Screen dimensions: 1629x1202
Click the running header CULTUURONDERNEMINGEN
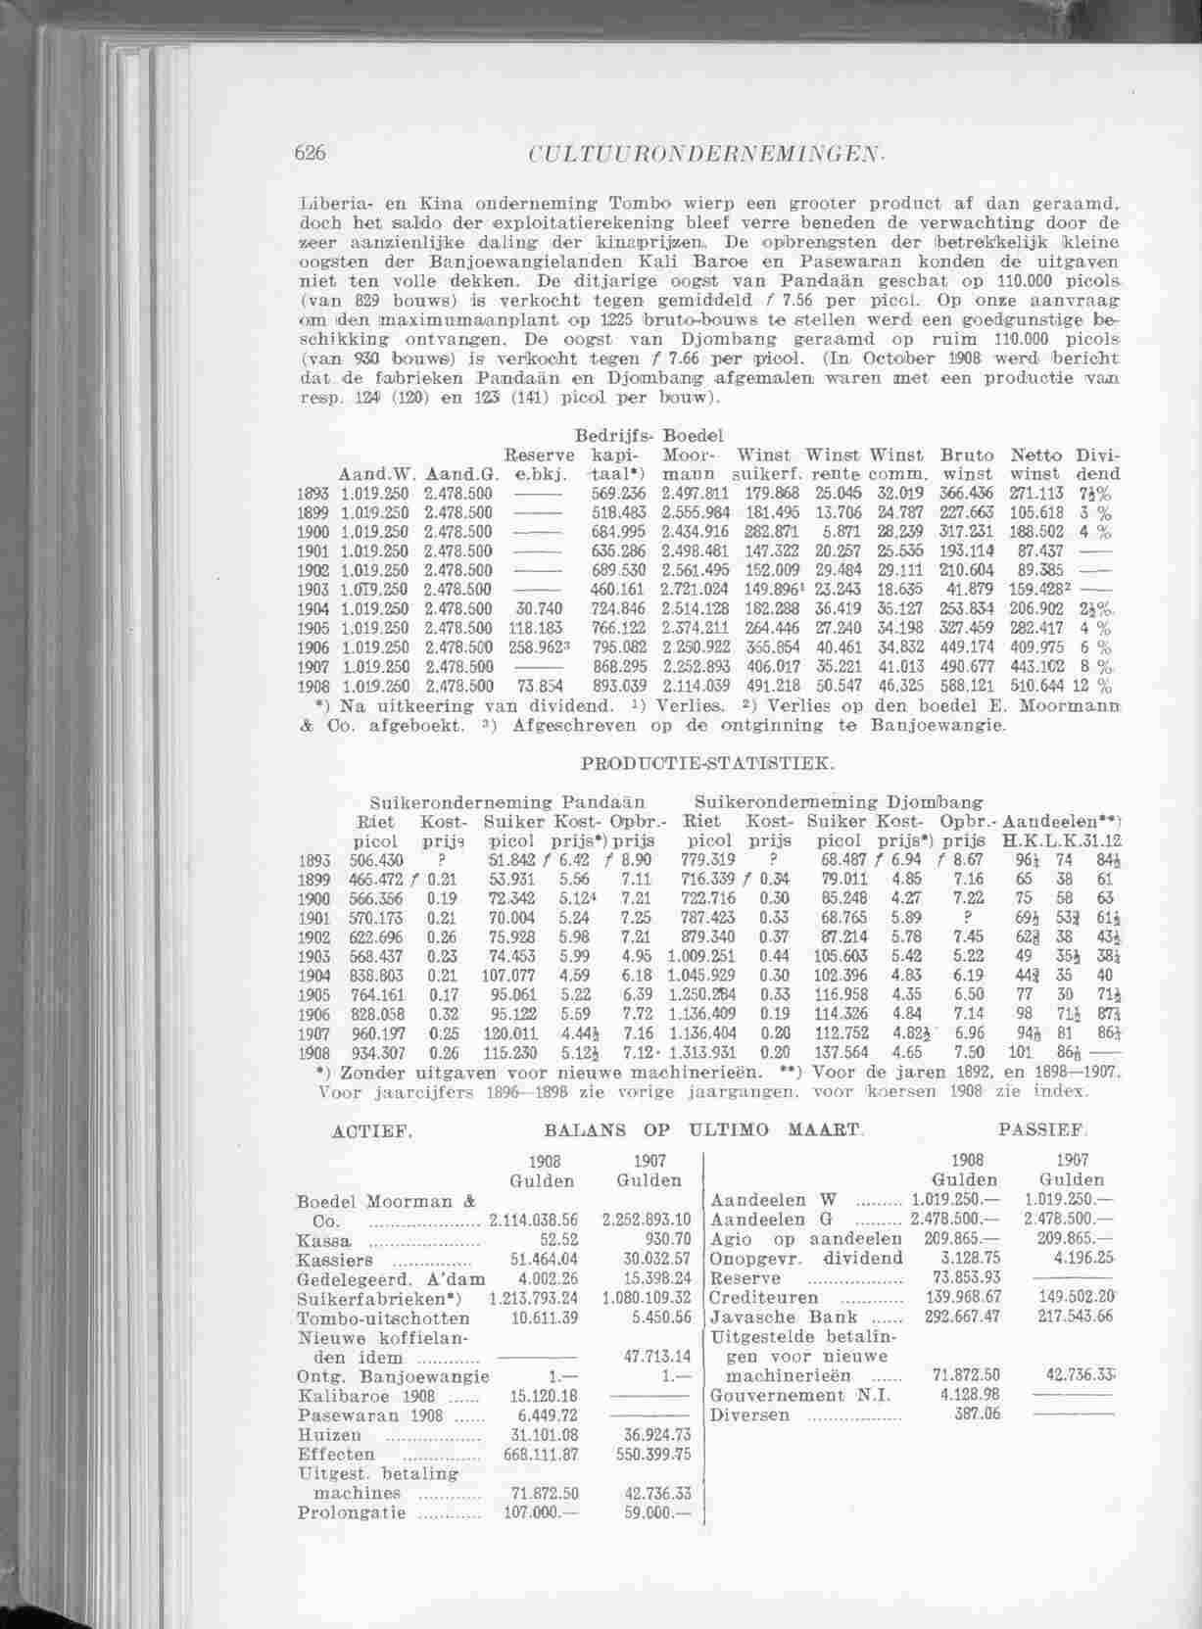point(706,153)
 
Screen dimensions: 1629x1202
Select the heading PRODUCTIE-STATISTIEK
point(708,759)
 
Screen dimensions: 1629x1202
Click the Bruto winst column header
point(966,464)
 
